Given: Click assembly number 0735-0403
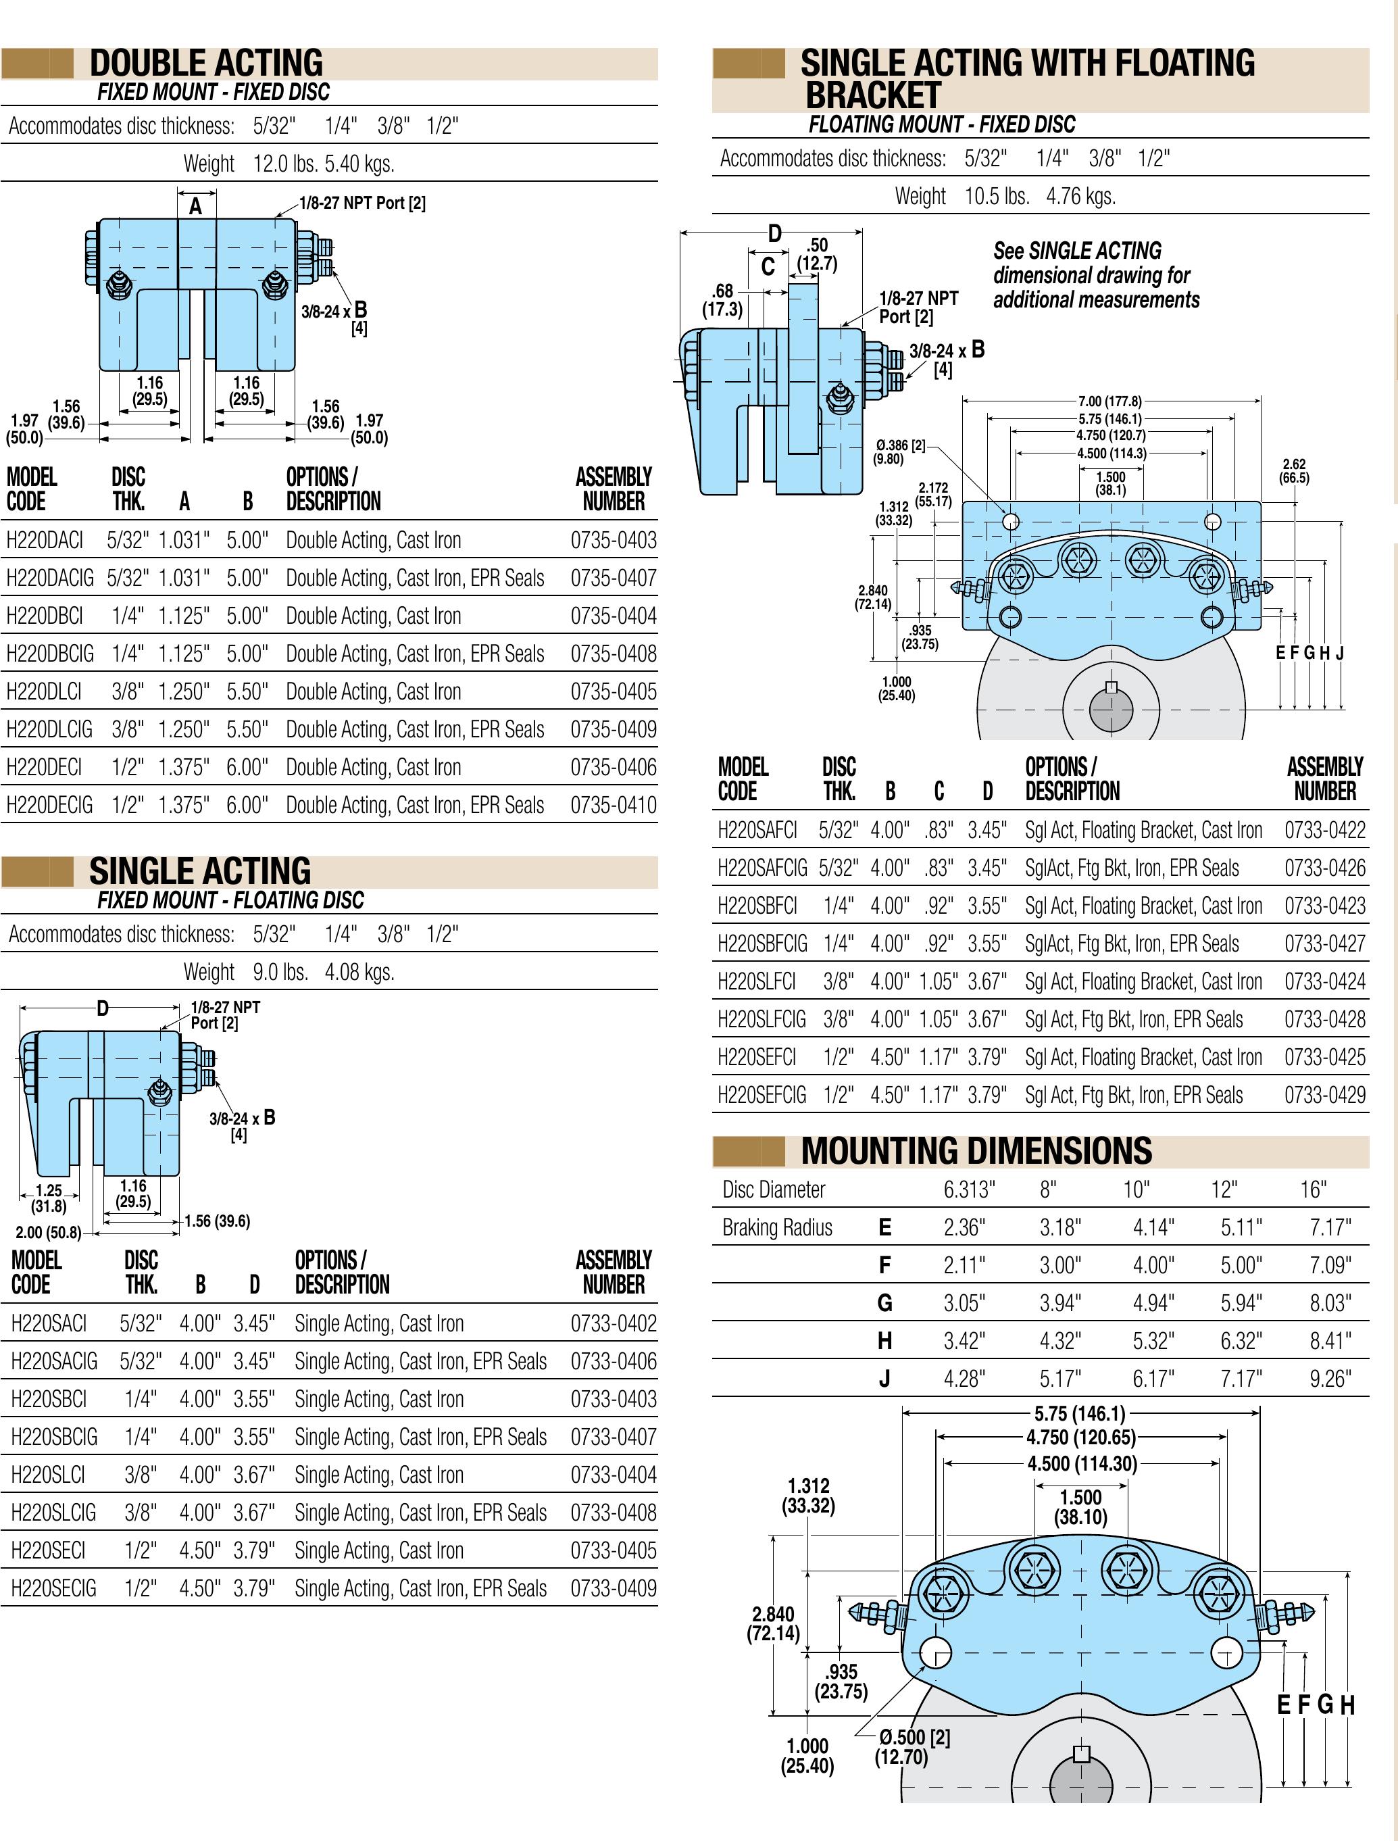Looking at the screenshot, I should click(614, 541).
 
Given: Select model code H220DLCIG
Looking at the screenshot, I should click(49, 730).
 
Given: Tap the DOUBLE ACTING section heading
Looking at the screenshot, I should click(205, 64).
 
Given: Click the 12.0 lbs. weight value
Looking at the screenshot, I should click(285, 164).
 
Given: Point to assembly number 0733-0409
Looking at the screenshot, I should click(614, 1589).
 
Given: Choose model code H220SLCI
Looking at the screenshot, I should click(47, 1475).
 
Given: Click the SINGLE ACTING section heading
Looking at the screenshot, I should click(200, 871).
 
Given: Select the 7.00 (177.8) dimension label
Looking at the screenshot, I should click(1110, 401).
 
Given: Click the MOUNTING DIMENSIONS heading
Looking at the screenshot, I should click(976, 1151).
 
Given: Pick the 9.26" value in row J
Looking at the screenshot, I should click(1330, 1379).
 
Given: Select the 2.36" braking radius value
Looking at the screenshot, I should click(964, 1227).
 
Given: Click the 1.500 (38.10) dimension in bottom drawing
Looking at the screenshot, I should click(1080, 1507).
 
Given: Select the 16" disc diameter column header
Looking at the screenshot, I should click(1313, 1190).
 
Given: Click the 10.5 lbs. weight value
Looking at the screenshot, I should click(997, 197).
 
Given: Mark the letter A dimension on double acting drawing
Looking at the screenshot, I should click(195, 206).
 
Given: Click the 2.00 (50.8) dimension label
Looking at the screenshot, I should click(48, 1233).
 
